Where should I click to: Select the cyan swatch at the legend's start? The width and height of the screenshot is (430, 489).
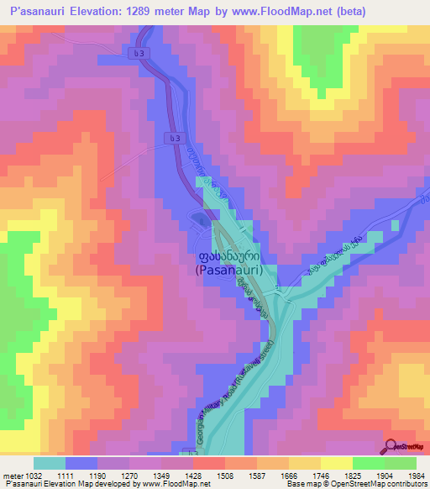click(x=50, y=463)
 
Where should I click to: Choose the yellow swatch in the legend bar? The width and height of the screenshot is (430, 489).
click(x=336, y=463)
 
